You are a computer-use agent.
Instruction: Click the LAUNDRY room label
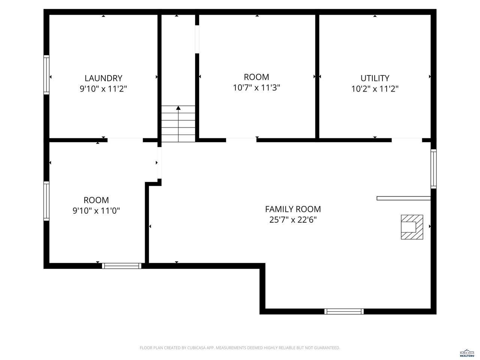click(x=103, y=78)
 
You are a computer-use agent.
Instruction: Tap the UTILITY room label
click(x=375, y=78)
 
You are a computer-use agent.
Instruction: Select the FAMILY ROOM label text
click(x=293, y=209)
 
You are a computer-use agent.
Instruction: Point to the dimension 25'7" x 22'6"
click(x=293, y=220)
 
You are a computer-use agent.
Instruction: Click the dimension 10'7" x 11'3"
click(x=256, y=88)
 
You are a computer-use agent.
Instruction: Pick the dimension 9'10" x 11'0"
click(x=96, y=211)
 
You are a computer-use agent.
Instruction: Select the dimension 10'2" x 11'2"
click(x=375, y=89)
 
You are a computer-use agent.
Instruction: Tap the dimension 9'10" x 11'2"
click(x=103, y=89)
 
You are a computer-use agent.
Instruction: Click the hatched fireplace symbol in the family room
click(x=412, y=227)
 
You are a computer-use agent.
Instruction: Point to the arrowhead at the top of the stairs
click(x=178, y=108)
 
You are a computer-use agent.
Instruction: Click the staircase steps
click(x=178, y=124)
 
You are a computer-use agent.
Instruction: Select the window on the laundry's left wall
click(x=46, y=75)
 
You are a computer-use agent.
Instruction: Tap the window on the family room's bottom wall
click(x=344, y=312)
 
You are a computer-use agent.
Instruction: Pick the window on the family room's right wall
click(x=433, y=169)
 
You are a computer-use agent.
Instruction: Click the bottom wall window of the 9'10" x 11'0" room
click(x=121, y=266)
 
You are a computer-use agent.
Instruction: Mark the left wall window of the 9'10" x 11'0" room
click(x=46, y=201)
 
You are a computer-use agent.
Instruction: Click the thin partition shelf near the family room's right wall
click(x=403, y=198)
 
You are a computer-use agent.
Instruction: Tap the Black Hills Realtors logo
click(x=467, y=353)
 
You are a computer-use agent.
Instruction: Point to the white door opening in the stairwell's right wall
click(x=197, y=39)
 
